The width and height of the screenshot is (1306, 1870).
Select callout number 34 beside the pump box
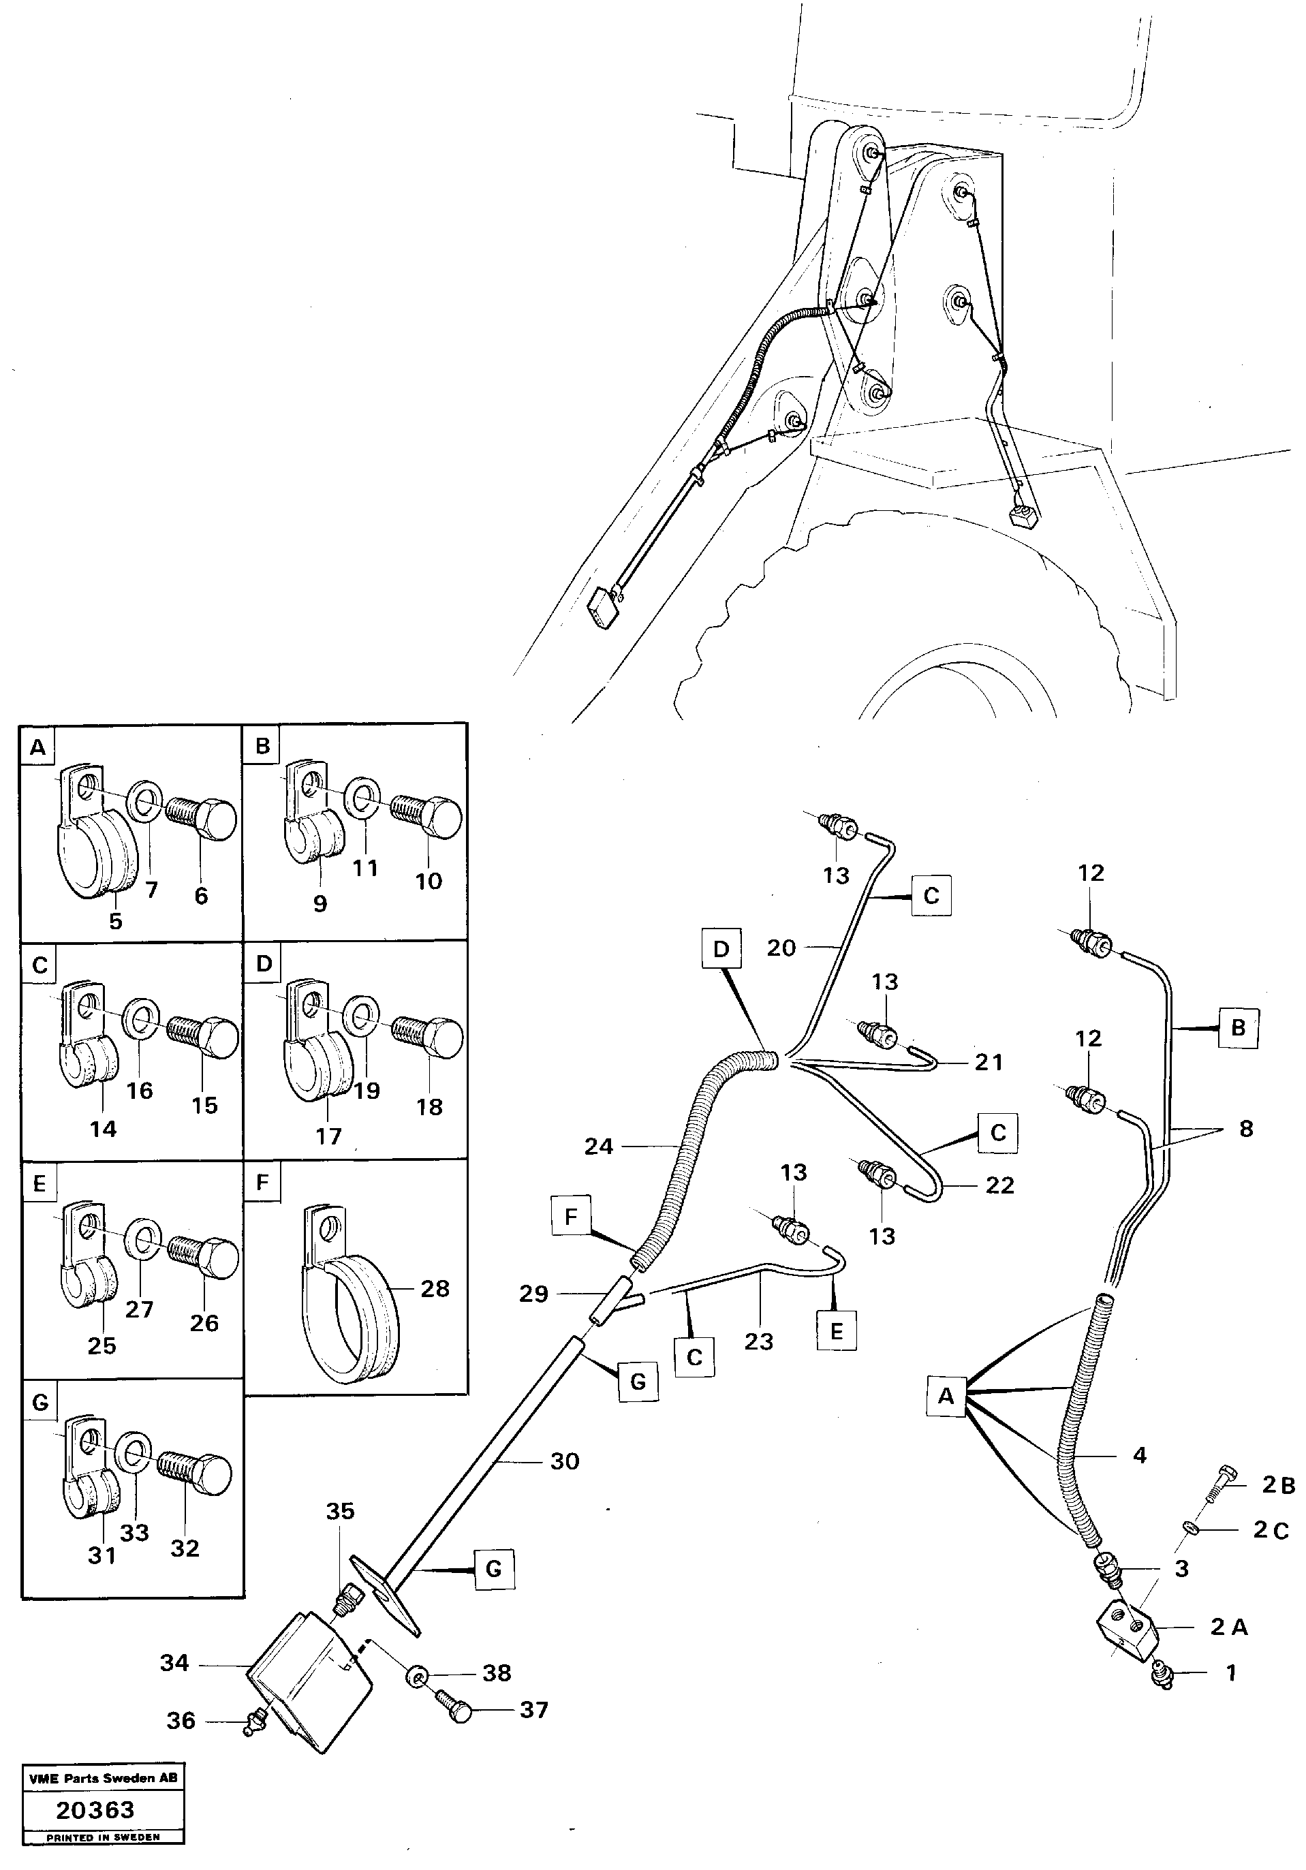tap(174, 1662)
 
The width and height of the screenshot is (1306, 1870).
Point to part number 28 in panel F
tap(435, 1288)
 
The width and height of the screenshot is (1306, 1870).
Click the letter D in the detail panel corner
tap(262, 963)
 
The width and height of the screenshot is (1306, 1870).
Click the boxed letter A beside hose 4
tap(945, 1396)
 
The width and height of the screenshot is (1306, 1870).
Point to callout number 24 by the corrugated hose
tap(598, 1146)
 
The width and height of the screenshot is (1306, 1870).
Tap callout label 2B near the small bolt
tap(1278, 1485)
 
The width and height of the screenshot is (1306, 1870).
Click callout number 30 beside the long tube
tap(565, 1461)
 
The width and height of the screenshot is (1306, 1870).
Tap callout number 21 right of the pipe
tap(989, 1062)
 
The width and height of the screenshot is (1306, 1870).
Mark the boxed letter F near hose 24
tap(570, 1217)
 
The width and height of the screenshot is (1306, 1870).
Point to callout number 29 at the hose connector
tap(533, 1294)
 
